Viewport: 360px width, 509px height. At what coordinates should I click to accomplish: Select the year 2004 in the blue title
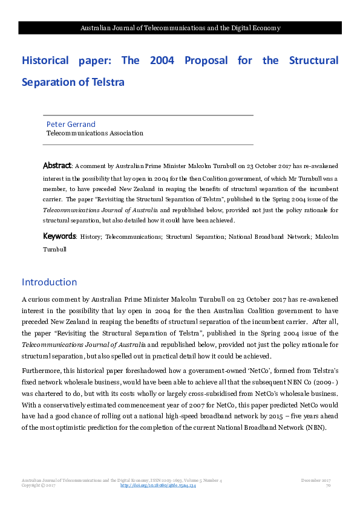(x=160, y=61)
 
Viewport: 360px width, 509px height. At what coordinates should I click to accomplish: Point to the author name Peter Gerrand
(x=71, y=125)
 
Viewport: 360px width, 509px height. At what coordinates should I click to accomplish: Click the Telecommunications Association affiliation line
(x=95, y=133)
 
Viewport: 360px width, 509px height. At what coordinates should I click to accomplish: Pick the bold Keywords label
(x=59, y=236)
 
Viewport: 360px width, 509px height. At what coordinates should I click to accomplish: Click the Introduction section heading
(x=49, y=282)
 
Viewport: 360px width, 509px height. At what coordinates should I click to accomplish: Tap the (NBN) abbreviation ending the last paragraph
(x=315, y=427)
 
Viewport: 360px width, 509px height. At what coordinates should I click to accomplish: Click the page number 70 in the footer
(x=328, y=485)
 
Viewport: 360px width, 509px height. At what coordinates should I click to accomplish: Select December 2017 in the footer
(x=315, y=480)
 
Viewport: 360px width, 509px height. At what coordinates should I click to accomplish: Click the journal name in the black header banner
(x=180, y=28)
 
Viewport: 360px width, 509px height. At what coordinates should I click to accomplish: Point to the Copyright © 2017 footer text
(x=38, y=485)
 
